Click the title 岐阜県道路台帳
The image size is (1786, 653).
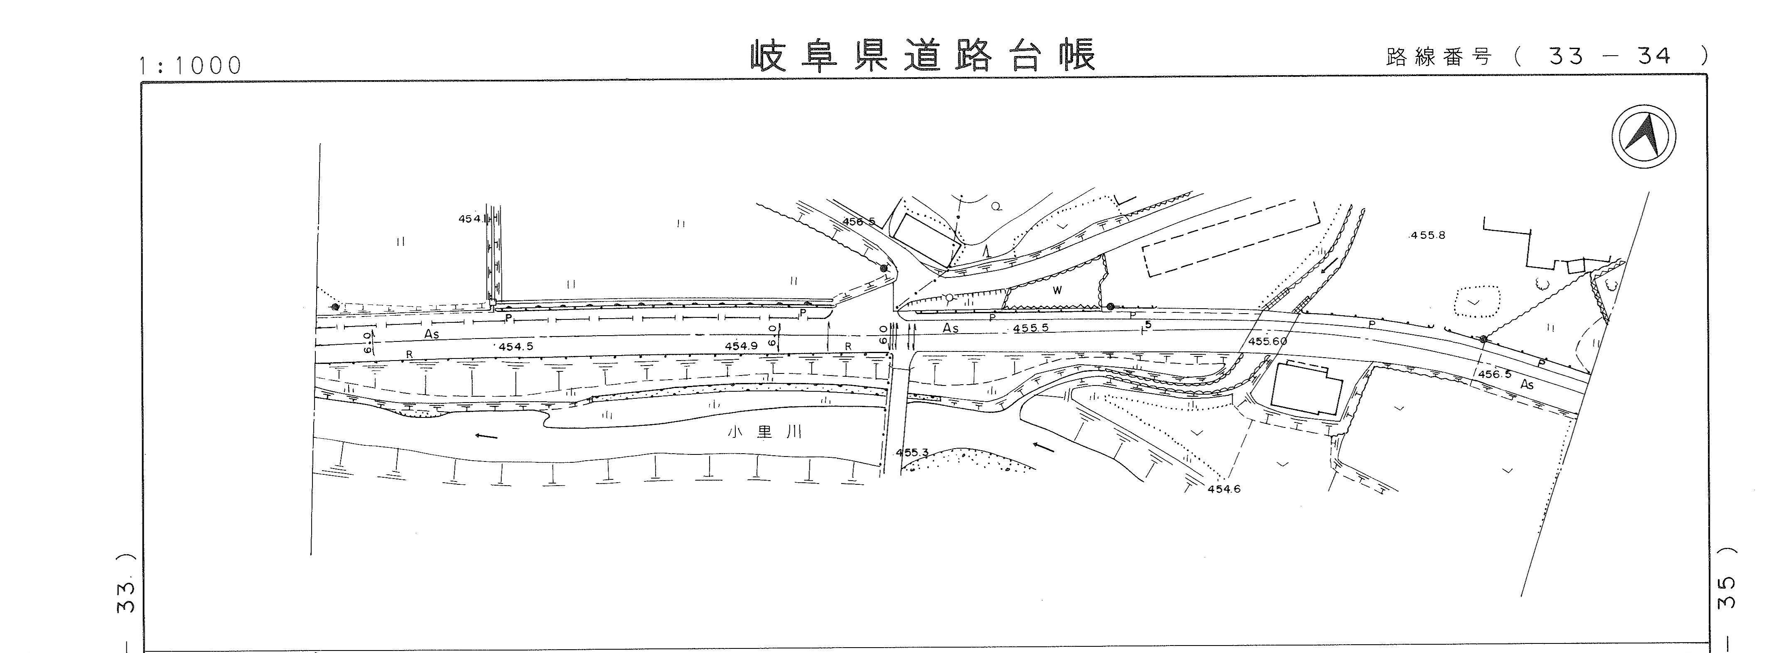click(923, 56)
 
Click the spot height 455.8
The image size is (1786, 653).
click(1427, 236)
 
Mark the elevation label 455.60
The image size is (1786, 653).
click(1268, 341)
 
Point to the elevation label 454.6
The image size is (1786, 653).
click(1224, 489)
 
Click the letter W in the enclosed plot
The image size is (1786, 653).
click(1057, 290)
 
